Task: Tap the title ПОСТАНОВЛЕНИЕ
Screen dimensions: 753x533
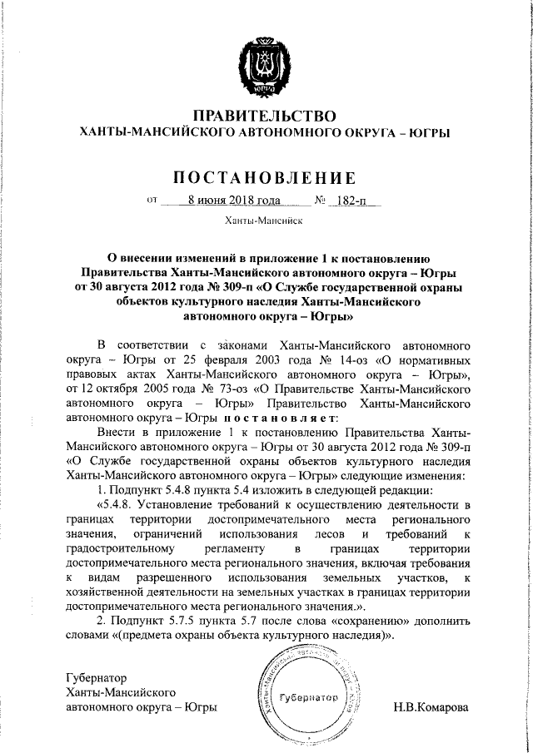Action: (x=264, y=177)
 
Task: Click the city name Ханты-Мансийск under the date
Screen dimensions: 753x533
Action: (x=264, y=222)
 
